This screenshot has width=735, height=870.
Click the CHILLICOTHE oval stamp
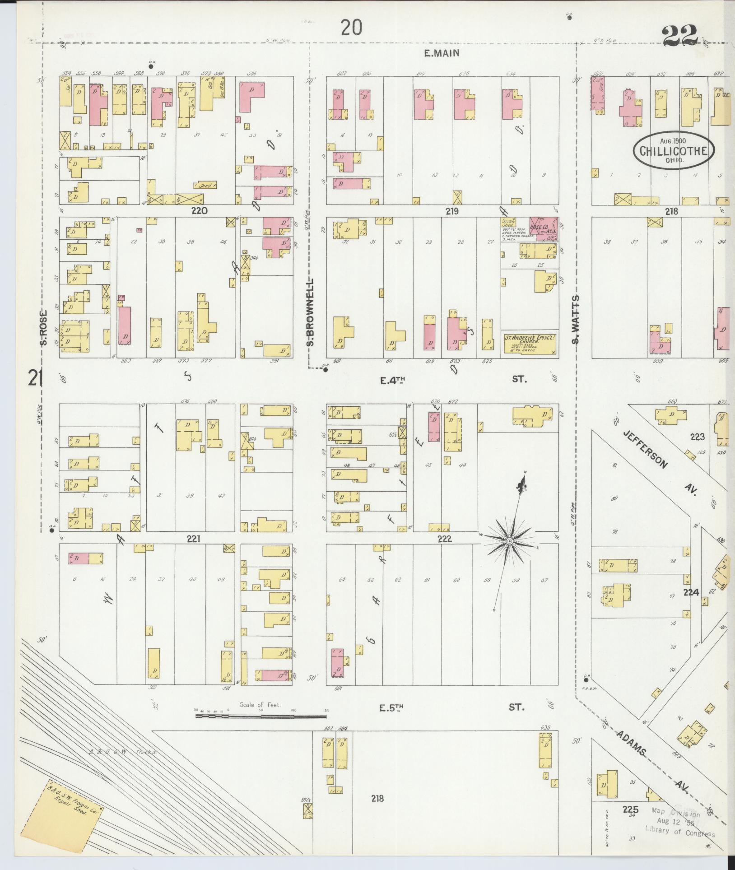pyautogui.click(x=673, y=151)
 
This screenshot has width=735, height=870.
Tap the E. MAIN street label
pyautogui.click(x=442, y=53)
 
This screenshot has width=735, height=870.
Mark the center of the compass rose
pyautogui.click(x=509, y=541)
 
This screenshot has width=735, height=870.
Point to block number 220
pyautogui.click(x=199, y=210)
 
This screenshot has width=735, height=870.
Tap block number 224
pyautogui.click(x=691, y=592)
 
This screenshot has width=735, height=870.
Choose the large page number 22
pyautogui.click(x=681, y=34)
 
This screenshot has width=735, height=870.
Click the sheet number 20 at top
pyautogui.click(x=351, y=28)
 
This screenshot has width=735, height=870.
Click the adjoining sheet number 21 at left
pyautogui.click(x=34, y=378)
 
